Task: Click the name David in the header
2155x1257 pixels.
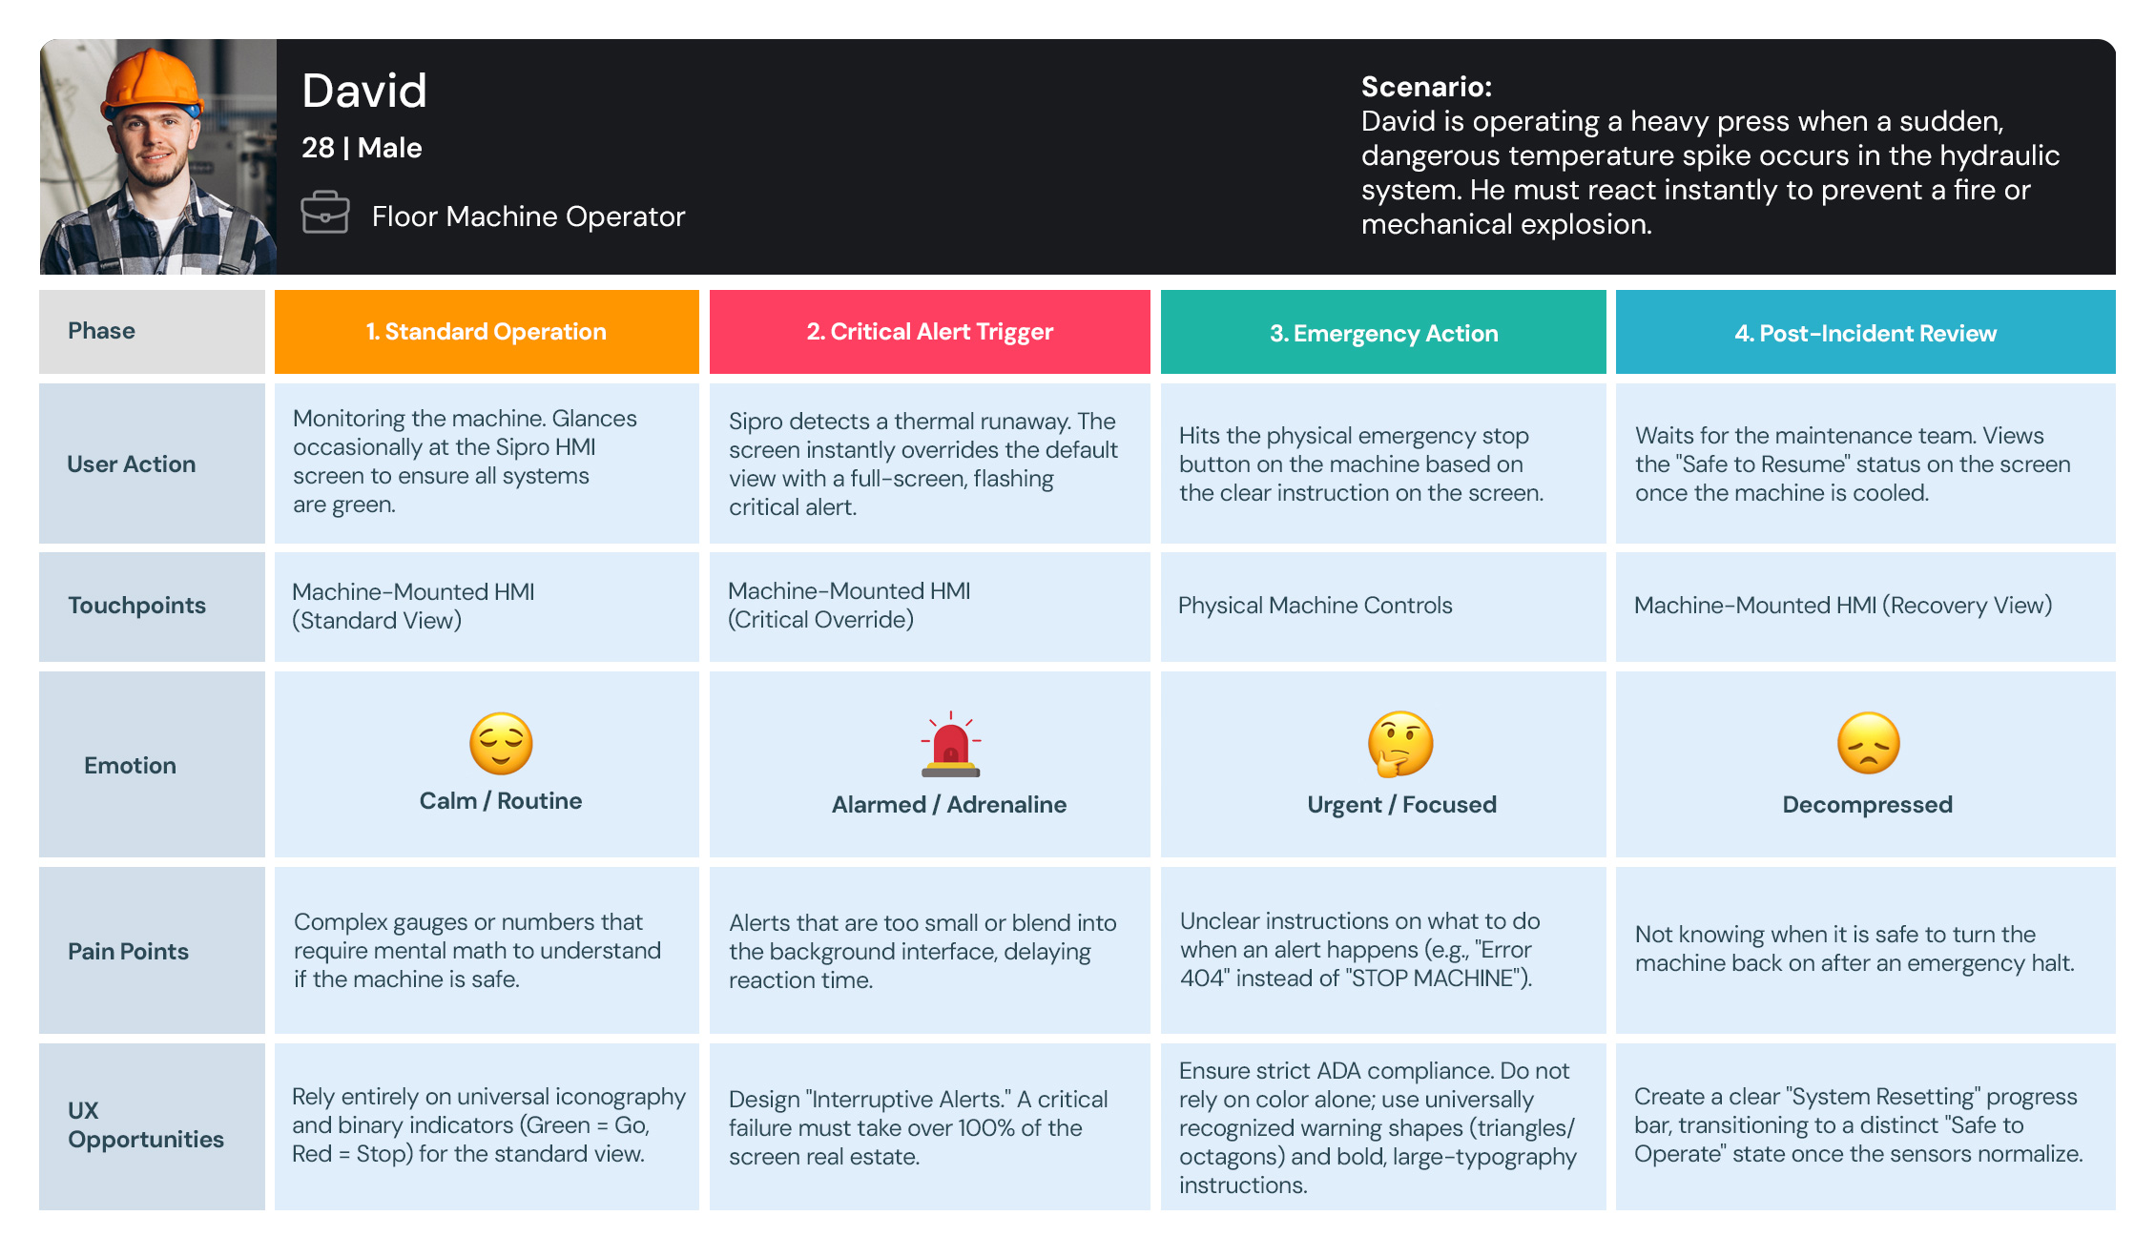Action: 364,92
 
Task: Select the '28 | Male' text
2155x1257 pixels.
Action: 362,148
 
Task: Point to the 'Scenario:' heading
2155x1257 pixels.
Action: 1426,87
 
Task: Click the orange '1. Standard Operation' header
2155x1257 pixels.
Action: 487,332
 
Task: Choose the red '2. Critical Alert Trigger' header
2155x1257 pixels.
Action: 929,332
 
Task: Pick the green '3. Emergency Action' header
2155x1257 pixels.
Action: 1383,333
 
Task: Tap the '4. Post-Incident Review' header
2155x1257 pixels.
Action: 1865,333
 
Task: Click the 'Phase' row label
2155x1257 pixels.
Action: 101,331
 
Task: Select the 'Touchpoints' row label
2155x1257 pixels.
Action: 136,606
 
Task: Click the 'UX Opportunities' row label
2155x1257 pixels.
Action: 145,1125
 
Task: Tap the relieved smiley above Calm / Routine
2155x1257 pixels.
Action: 501,743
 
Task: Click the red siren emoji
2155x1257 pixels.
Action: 950,745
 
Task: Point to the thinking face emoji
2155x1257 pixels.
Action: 1400,743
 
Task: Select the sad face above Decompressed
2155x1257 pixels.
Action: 1868,743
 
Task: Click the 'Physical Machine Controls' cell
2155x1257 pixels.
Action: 1315,606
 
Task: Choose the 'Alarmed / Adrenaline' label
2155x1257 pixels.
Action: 948,805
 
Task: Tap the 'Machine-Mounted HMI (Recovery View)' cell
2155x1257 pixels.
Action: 1842,606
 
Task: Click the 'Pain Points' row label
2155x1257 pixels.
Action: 128,951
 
